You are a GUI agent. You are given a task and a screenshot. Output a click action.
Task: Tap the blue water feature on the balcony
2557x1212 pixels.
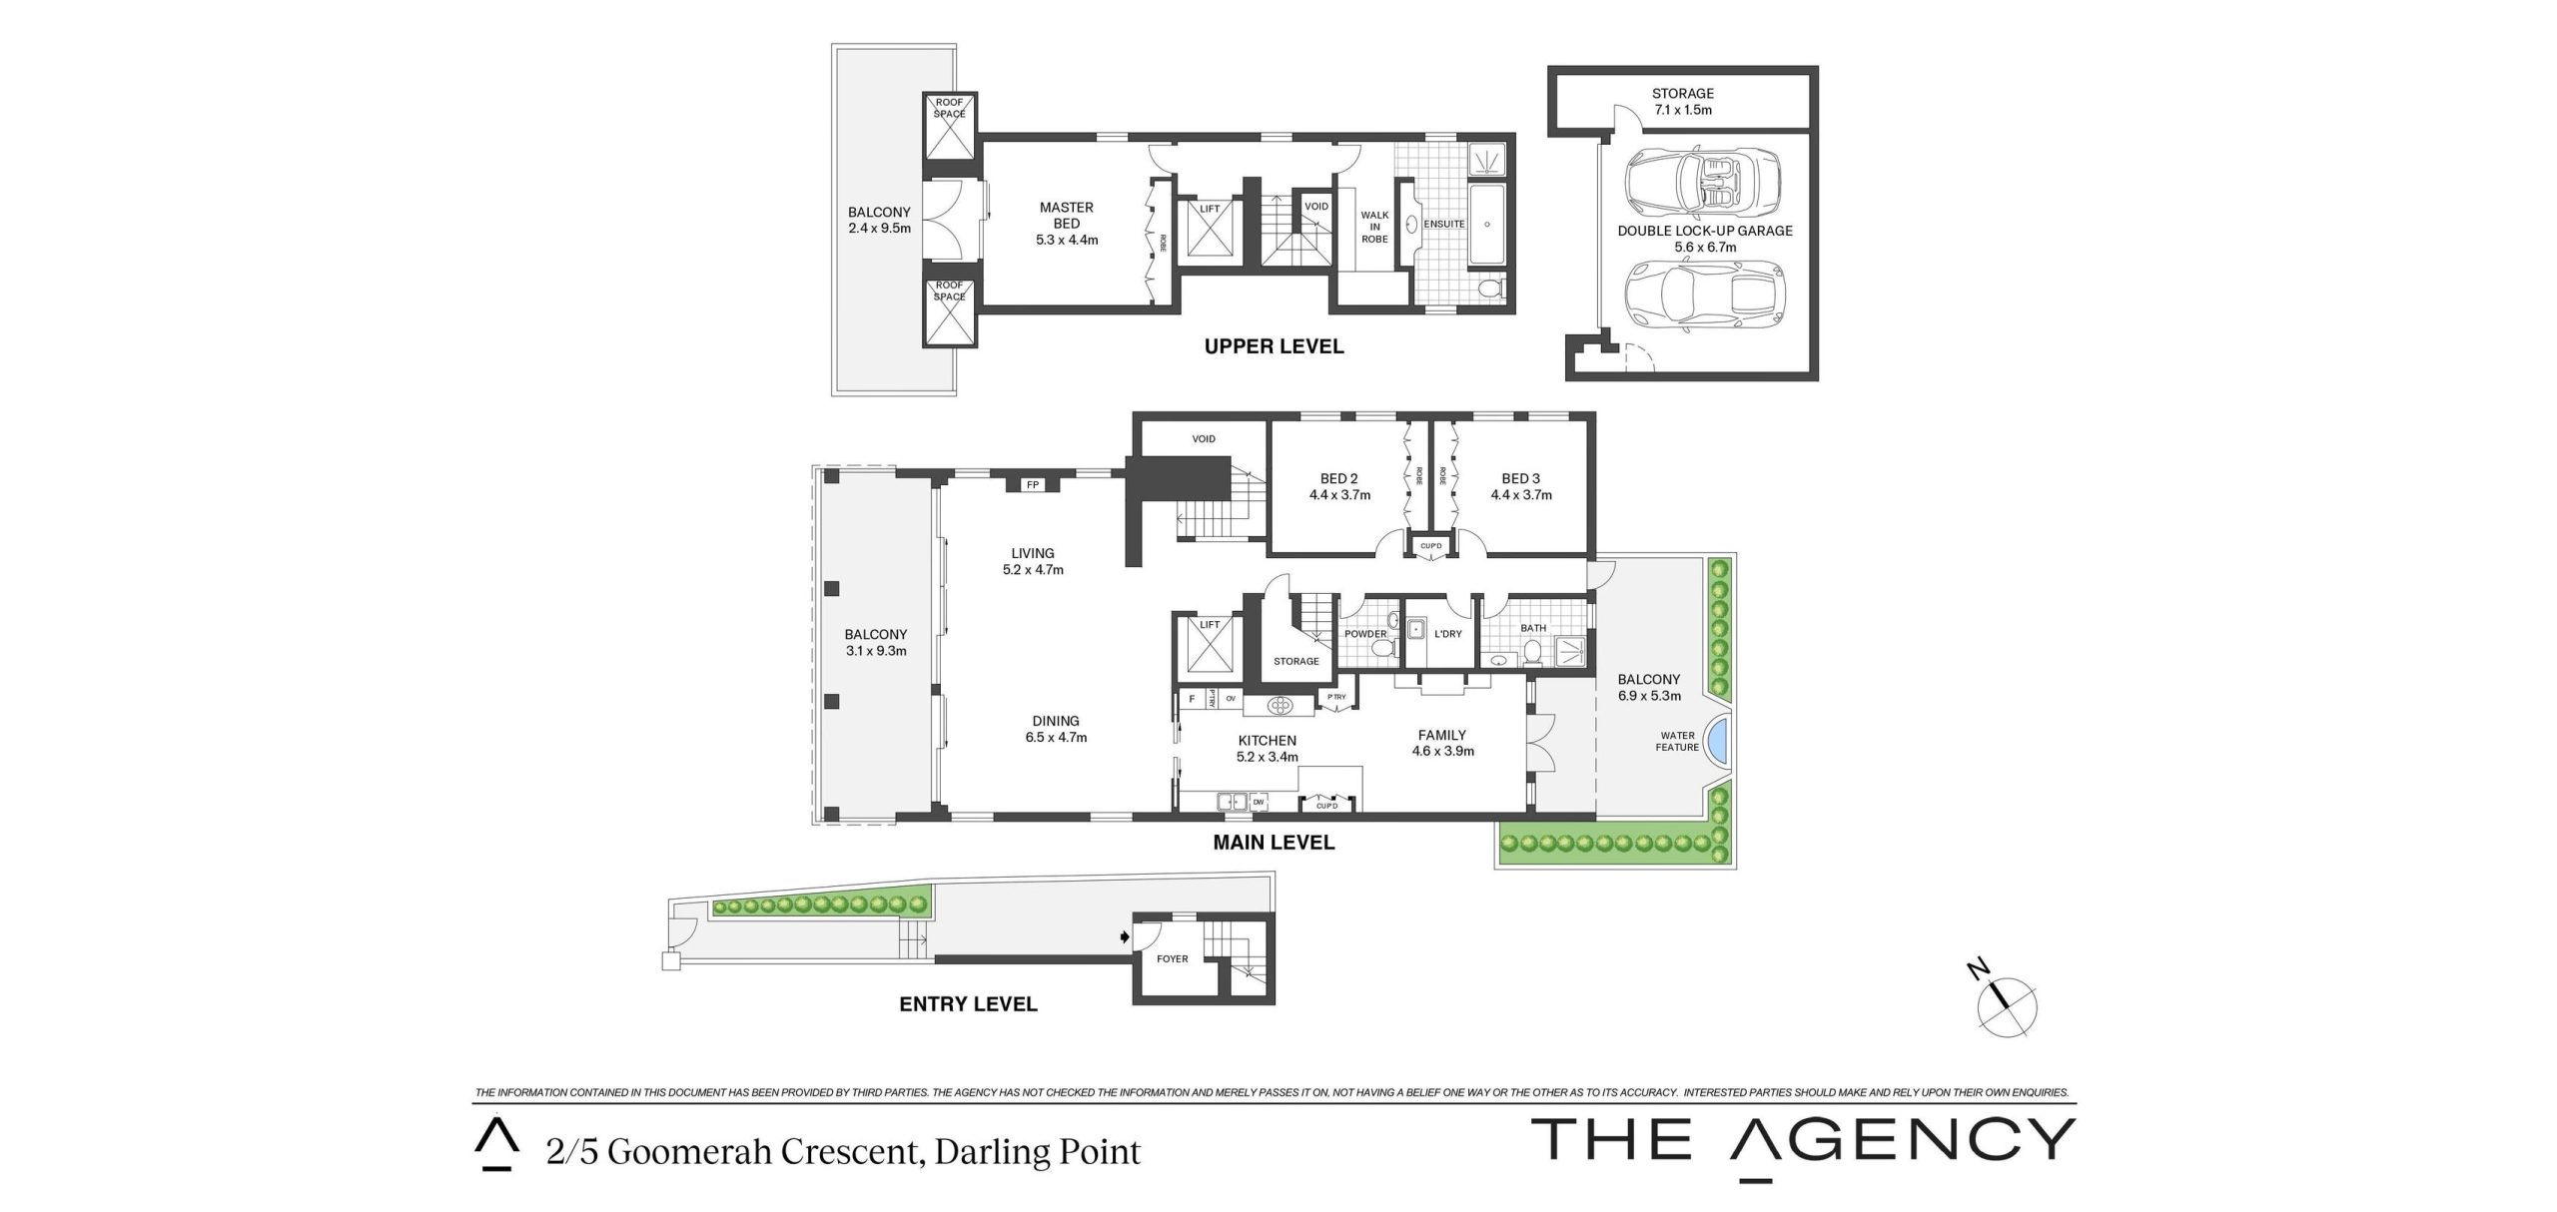pos(1719,743)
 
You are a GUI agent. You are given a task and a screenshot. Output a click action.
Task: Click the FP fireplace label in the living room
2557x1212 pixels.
pos(1033,485)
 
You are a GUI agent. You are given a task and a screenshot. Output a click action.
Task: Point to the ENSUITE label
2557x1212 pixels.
pos(1444,224)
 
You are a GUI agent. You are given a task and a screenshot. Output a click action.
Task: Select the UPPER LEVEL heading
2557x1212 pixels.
pos(1274,346)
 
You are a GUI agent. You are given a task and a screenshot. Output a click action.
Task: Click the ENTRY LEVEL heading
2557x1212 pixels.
pos(968,1004)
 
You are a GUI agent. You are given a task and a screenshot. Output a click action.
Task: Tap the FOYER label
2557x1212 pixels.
pos(1172,958)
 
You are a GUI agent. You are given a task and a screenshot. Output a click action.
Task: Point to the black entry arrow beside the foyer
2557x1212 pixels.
pos(1126,937)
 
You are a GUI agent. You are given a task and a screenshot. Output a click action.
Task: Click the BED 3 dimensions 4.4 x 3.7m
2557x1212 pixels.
pos(1521,494)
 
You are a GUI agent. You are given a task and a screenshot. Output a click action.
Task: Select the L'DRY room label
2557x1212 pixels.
pos(1447,634)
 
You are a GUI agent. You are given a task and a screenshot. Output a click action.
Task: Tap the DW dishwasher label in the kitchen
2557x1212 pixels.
pos(1258,802)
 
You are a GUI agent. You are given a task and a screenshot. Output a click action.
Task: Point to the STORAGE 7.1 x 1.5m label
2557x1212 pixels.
pos(1683,102)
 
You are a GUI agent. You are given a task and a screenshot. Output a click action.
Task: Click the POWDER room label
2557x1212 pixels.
pos(1364,634)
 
